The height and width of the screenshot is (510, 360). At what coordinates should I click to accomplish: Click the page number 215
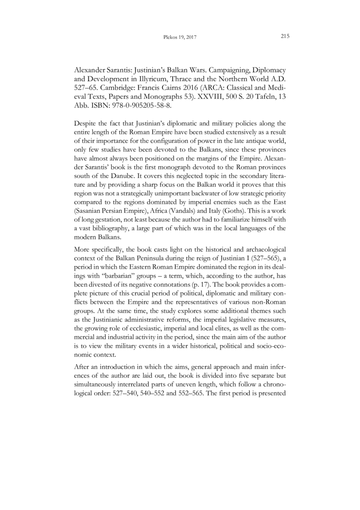point(284,37)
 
